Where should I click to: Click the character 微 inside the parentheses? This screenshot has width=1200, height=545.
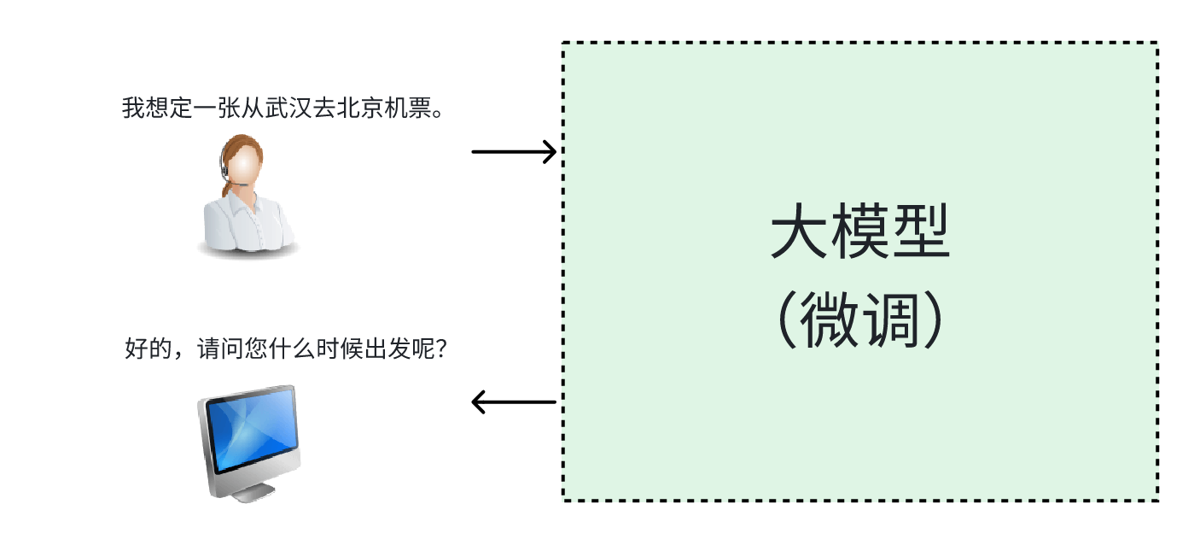pos(829,321)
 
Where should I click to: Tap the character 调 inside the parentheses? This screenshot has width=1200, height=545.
pos(890,321)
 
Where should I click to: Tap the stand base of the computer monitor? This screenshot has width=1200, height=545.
pos(249,494)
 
